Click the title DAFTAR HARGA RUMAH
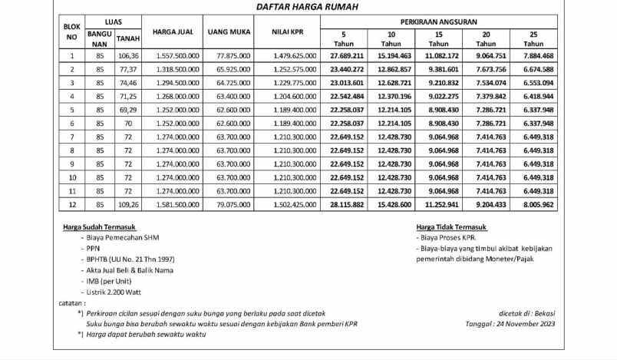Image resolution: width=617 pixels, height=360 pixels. click(x=308, y=7)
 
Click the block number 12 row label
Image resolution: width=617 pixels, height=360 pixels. click(x=72, y=205)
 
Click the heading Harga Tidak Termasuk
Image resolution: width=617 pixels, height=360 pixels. click(x=453, y=227)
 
